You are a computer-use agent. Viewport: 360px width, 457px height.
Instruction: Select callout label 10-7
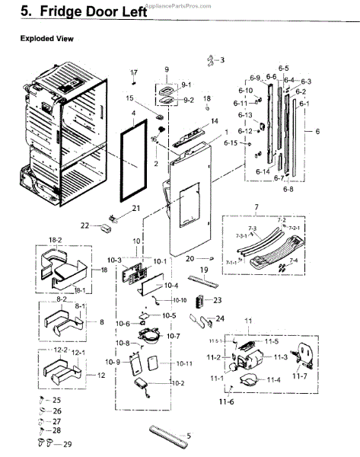pyautogui.click(x=172, y=336)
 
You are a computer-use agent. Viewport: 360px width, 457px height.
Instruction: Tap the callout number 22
pyautogui.click(x=85, y=225)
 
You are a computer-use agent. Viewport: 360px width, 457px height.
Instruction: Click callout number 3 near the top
pyautogui.click(x=222, y=59)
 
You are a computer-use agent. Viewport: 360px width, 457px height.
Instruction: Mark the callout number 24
pyautogui.click(x=221, y=318)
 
